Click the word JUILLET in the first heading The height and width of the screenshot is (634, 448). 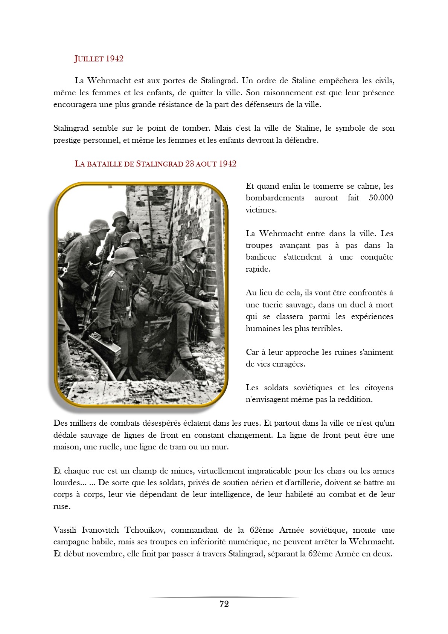click(89, 59)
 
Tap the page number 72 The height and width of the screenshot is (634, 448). click(224, 604)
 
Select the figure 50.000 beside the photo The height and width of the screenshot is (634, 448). click(381, 198)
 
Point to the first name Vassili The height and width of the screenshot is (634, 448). click(65, 530)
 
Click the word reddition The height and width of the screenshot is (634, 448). click(355, 399)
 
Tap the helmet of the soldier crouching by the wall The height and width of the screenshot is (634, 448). click(193, 247)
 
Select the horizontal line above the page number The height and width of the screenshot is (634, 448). click(224, 597)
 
